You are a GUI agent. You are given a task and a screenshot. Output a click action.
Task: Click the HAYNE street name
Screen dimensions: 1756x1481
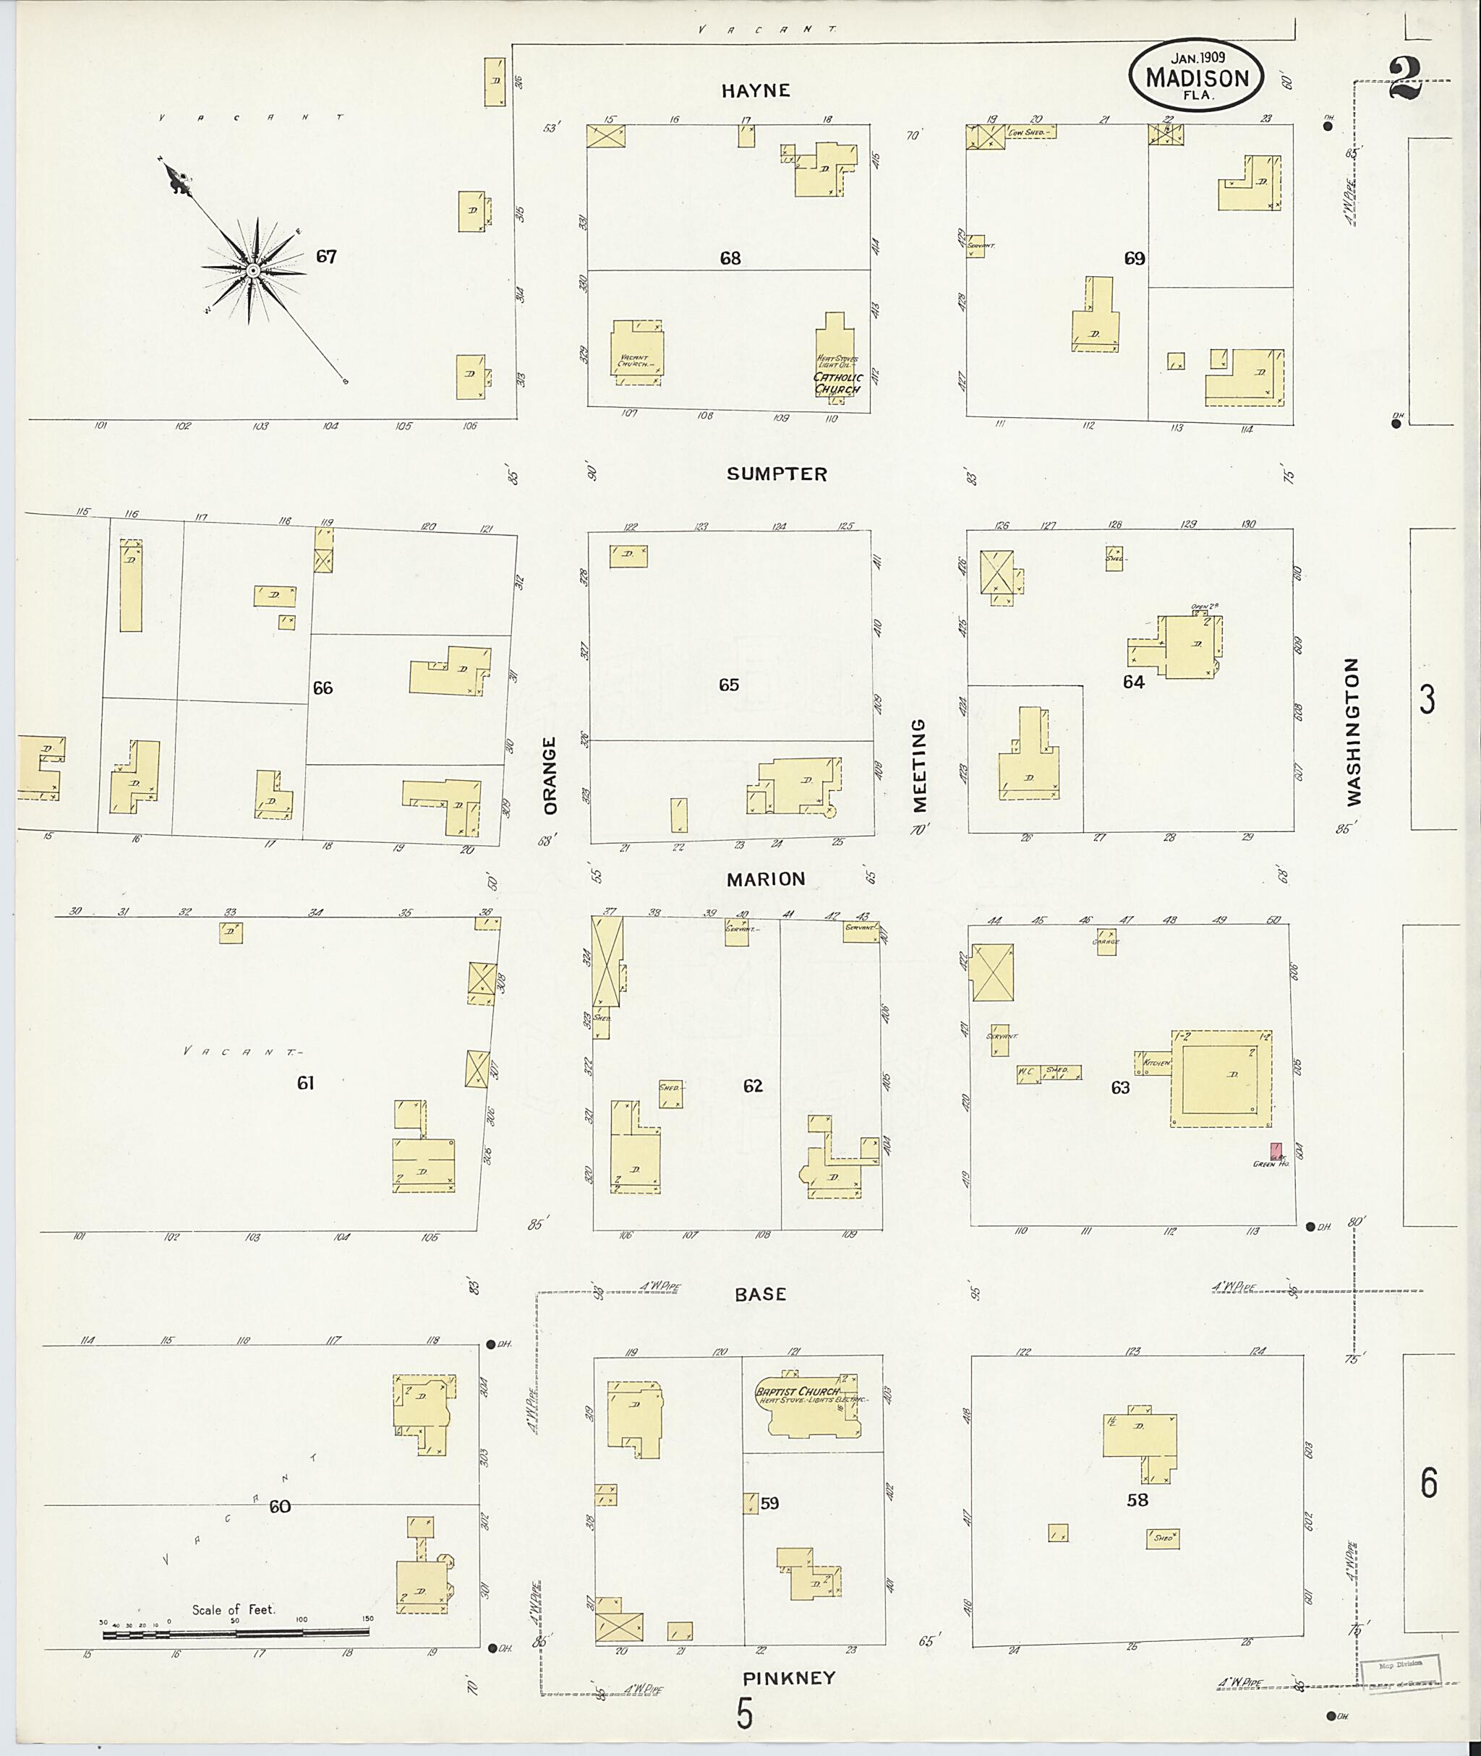pos(756,90)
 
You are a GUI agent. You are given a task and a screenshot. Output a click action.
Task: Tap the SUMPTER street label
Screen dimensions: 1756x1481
pos(777,474)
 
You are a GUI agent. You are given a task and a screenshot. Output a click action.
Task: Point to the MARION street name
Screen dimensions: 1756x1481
pos(766,879)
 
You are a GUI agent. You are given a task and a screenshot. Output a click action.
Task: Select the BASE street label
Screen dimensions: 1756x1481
pos(761,1294)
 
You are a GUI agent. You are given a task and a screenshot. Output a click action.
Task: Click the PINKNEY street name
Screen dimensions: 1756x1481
pos(789,1678)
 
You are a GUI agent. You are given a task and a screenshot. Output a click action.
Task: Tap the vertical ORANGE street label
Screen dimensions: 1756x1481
pos(550,776)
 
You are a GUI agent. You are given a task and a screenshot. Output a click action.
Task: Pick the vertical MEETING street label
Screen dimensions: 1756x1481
pos(919,765)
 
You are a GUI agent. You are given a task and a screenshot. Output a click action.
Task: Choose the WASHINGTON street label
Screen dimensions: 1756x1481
pos(1352,732)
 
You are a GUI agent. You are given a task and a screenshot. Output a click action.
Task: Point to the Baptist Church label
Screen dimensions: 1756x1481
pos(797,1391)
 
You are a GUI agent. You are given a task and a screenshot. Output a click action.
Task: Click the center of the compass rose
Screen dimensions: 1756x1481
pos(252,270)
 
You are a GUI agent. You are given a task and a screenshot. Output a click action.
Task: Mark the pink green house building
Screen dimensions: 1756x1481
pos(1276,1150)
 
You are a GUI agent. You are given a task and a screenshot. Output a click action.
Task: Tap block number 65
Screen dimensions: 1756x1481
pos(729,685)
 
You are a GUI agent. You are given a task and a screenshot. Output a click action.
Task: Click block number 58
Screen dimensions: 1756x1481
pos(1138,1500)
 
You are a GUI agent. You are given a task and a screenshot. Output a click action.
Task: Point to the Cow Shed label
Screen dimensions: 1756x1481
pos(1027,132)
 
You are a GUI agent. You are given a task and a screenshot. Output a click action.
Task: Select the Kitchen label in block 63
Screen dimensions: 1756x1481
pos(1156,1063)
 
